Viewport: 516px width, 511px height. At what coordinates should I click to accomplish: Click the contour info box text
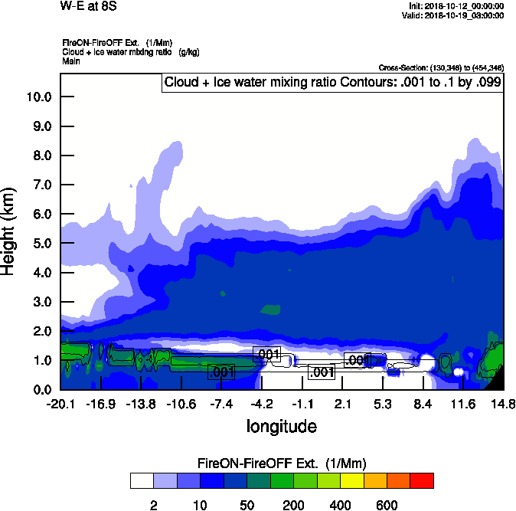pos(333,82)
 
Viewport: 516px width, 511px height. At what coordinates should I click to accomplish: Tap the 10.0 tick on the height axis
pos(39,97)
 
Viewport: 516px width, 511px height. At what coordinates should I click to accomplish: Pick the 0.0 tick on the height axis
pos(42,389)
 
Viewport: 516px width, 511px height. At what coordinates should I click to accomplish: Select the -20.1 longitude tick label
pos(60,405)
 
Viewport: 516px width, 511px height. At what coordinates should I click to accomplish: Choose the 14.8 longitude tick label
pos(503,405)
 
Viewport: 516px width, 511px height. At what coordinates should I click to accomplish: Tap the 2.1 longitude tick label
pos(343,405)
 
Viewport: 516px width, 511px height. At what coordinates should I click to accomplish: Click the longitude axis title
pos(281,425)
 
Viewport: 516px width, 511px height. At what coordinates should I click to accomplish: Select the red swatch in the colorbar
pos(422,480)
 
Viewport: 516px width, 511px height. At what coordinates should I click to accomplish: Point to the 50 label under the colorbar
pos(247,505)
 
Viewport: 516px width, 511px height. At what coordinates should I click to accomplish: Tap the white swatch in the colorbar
pos(142,480)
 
